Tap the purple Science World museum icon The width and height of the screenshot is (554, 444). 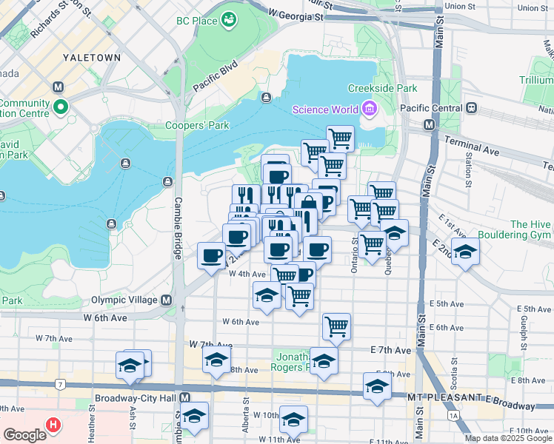[370, 110]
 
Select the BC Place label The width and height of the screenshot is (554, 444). [196, 20]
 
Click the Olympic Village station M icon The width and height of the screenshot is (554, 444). [167, 300]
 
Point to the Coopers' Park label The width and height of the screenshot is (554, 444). [197, 126]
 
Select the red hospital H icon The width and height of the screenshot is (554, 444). [53, 425]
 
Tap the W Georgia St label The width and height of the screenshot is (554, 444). [296, 15]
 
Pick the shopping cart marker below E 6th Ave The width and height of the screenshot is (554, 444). [336, 326]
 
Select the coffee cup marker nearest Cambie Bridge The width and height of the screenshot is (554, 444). [211, 256]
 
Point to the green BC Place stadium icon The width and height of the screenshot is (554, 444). [230, 17]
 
